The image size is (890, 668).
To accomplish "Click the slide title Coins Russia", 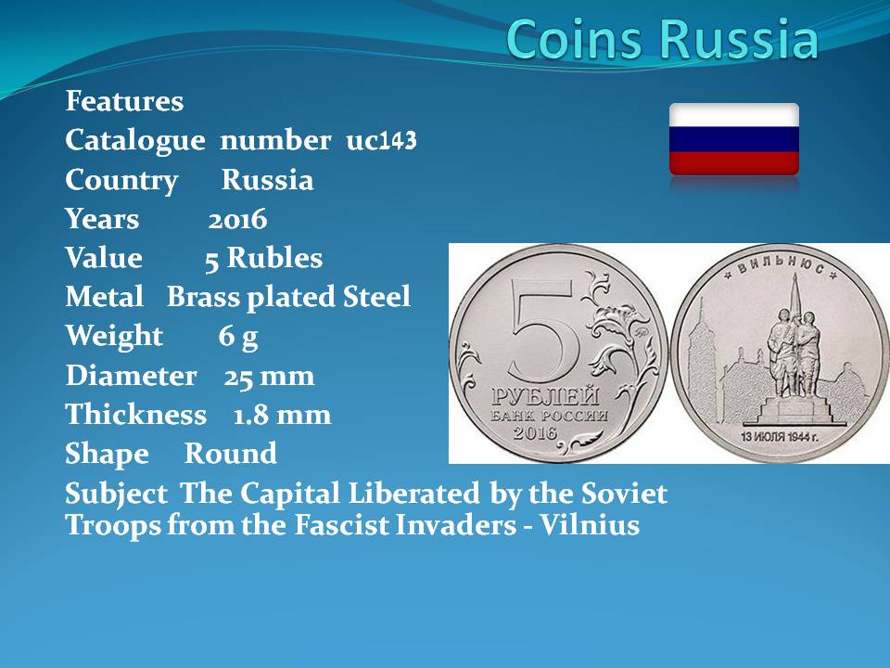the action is (662, 39).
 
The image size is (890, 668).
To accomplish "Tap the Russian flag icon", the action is (734, 139).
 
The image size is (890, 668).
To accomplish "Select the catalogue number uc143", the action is (381, 140).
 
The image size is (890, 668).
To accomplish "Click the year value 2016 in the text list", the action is (237, 219).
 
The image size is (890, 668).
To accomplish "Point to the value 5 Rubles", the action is (263, 259).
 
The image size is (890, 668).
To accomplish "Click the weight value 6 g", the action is (238, 337).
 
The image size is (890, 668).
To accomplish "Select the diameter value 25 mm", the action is (269, 376).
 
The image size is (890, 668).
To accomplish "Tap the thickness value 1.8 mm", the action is (282, 415).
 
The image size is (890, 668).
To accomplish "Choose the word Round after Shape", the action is (231, 454).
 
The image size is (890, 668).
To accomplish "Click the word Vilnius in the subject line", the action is (590, 524).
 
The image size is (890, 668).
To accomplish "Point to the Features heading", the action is (124, 101).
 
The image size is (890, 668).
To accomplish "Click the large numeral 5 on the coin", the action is (545, 330).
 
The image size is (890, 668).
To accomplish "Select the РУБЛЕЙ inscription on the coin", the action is (545, 396).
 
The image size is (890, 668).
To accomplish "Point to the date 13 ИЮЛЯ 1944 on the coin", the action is (779, 436).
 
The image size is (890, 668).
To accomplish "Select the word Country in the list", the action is (121, 181).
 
